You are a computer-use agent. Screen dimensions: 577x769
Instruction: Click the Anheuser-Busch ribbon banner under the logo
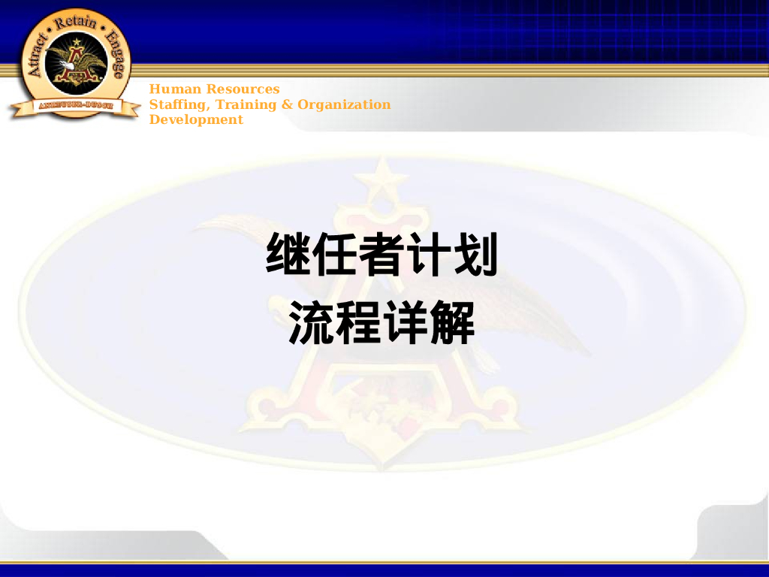pos(75,106)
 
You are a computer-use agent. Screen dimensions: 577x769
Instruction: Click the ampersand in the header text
pos(288,104)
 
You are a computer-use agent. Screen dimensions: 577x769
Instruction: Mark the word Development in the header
pos(196,119)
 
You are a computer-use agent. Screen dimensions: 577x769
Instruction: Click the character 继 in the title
pos(289,255)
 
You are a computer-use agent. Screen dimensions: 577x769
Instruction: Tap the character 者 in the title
pos(381,255)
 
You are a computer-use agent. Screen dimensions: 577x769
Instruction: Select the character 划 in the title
pos(475,255)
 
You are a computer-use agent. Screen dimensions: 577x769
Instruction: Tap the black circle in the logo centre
pos(74,66)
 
